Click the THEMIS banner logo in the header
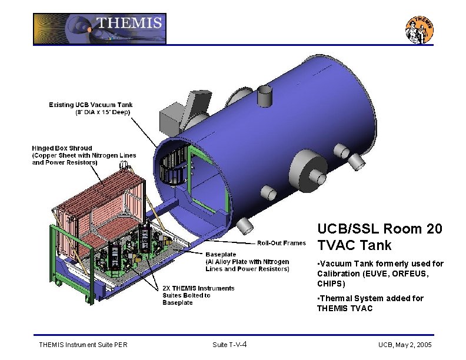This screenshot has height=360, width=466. [x=99, y=29]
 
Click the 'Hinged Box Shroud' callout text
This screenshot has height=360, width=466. [x=62, y=148]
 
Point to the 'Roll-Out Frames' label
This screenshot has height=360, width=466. [x=281, y=243]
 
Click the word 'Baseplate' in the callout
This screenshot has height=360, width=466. [x=221, y=254]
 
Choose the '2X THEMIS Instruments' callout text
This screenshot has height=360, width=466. [x=198, y=288]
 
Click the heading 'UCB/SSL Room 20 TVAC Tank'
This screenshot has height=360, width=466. [x=380, y=236]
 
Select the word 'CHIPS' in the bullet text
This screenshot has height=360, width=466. [x=331, y=284]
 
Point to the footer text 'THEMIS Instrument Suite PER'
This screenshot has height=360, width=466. [x=82, y=344]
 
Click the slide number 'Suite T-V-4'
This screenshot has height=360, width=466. [x=233, y=344]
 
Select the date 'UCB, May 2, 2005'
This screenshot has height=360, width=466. [x=405, y=344]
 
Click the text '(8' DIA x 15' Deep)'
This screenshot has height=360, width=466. [x=98, y=112]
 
